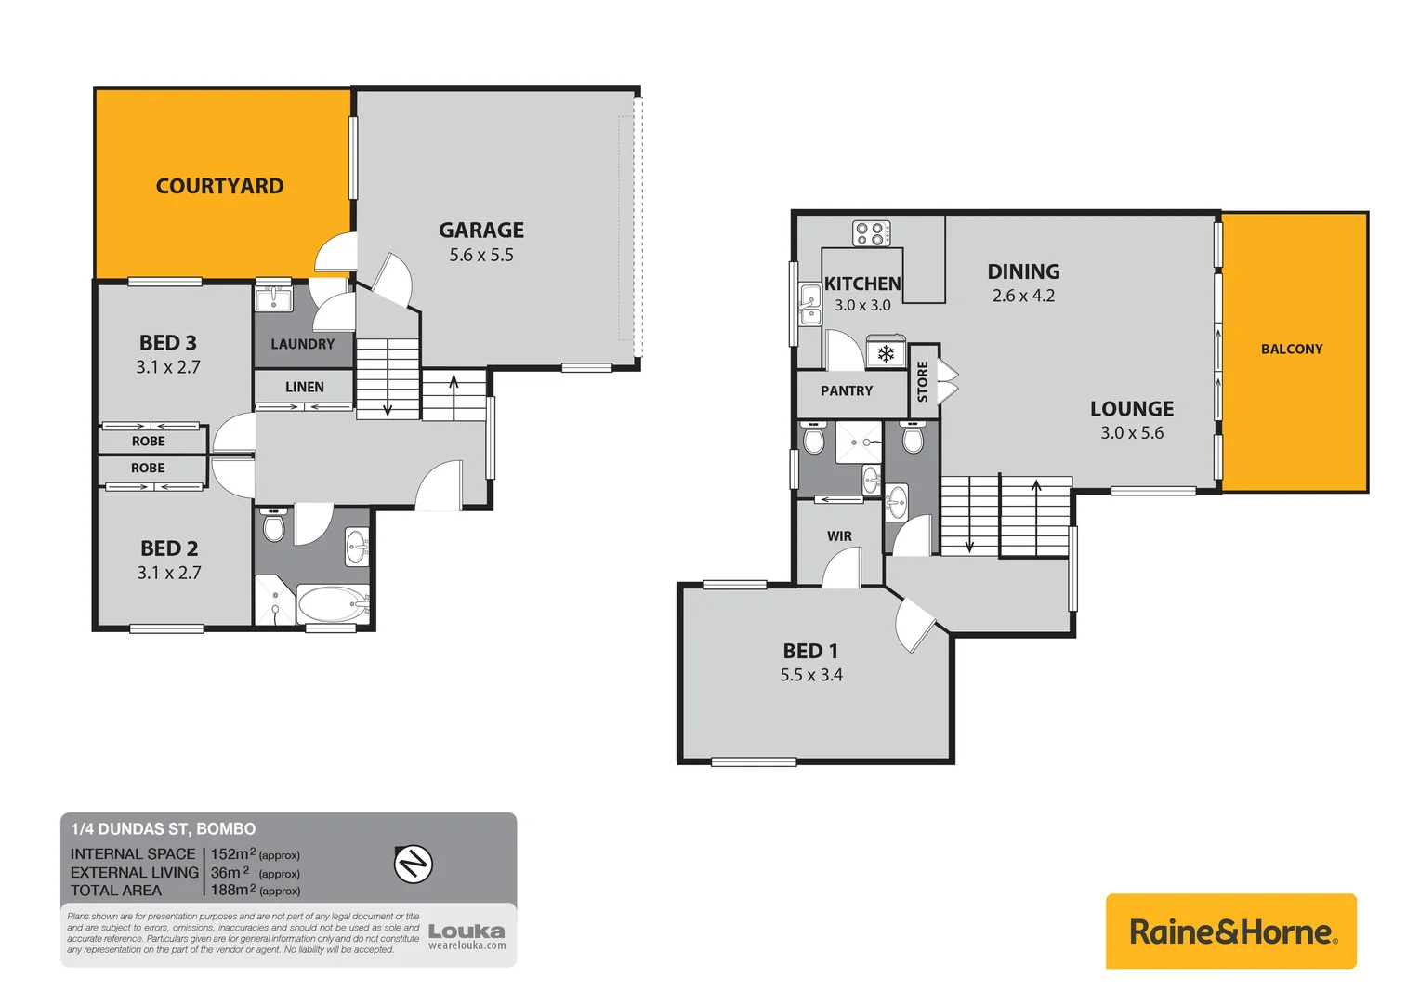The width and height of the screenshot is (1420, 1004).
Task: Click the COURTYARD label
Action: [x=219, y=186]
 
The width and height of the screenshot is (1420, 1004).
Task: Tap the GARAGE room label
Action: [x=481, y=230]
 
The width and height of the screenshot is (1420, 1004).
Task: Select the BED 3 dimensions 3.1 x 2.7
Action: [x=168, y=367]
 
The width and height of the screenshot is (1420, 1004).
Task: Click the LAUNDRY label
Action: [x=302, y=344]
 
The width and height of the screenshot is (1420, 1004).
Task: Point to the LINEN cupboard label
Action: [x=305, y=387]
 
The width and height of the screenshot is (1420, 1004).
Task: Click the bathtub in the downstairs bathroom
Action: [x=333, y=604]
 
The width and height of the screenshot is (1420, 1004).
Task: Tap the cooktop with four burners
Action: [x=872, y=233]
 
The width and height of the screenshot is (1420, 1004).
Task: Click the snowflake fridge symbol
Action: [x=886, y=354]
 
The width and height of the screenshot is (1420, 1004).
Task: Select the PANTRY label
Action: [x=847, y=390]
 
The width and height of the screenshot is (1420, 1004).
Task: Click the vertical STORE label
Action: [x=923, y=382]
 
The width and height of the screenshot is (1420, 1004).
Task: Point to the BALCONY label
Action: [x=1292, y=349]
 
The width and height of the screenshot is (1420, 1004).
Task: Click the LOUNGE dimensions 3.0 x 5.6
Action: [x=1132, y=433]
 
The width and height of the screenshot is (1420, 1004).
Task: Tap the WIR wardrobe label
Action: [x=839, y=536]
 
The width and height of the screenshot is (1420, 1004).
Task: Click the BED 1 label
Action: [x=810, y=651]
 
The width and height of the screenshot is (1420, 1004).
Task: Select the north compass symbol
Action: [x=414, y=865]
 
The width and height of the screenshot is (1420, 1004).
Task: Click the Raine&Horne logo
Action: [x=1231, y=931]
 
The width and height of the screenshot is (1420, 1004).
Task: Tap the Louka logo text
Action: [x=467, y=931]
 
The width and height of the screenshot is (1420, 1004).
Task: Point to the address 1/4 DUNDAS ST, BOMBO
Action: [x=164, y=828]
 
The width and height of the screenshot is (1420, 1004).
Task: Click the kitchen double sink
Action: [x=810, y=305]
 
